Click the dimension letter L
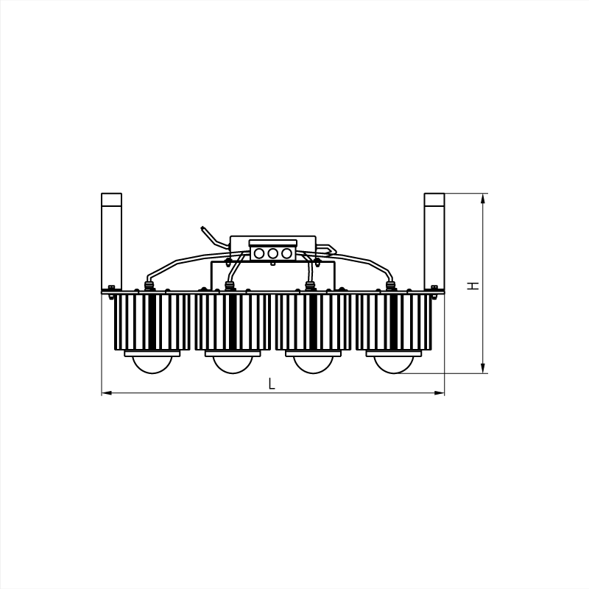[x=272, y=384]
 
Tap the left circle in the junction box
[x=259, y=253]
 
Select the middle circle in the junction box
[x=273, y=253]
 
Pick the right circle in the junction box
[x=286, y=253]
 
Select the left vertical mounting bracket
[x=112, y=241]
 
